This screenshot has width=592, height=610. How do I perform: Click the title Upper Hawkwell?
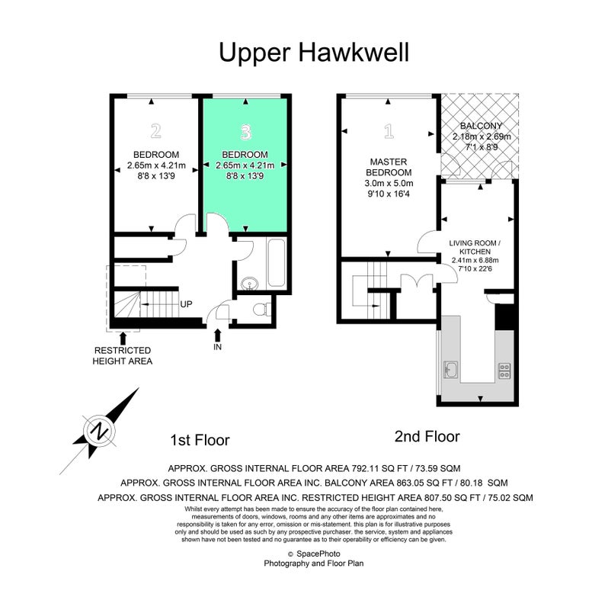314,53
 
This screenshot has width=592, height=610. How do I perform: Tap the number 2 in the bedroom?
156,131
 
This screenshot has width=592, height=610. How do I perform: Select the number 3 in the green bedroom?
245,132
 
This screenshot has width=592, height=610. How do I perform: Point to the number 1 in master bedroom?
389,131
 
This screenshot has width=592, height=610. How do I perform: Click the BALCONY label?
482,126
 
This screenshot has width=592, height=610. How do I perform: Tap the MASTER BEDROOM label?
389,167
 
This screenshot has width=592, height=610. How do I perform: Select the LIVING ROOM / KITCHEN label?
475,247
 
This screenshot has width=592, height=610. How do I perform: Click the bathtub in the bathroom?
277,263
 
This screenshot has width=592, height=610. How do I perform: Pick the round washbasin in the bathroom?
249,284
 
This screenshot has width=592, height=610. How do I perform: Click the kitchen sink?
451,370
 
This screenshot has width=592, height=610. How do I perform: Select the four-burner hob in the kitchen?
504,371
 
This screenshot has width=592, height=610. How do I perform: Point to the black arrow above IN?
218,335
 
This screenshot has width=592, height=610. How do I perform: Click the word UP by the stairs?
186,304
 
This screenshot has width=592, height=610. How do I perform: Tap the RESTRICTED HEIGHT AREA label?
123,355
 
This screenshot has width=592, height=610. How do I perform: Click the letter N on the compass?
100,431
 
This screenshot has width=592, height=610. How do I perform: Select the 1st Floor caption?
200,440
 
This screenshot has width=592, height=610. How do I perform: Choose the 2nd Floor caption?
427,436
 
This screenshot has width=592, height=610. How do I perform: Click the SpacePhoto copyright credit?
315,554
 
